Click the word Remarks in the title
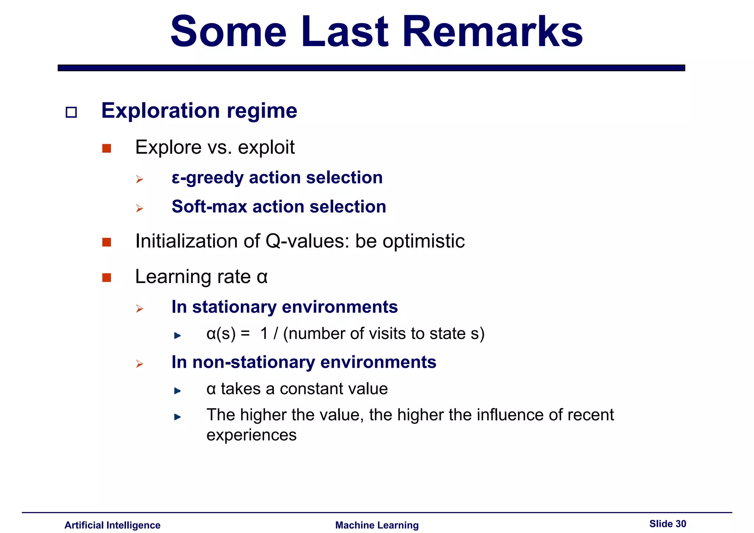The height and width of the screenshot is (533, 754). point(492,32)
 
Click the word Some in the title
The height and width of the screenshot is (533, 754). point(228,32)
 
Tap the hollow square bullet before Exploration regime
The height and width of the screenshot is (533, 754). point(71,112)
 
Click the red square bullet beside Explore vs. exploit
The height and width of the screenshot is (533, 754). point(107,148)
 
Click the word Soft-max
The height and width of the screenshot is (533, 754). point(209,207)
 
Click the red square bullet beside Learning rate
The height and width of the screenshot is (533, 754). point(107,278)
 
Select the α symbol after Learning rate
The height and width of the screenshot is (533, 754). point(262,277)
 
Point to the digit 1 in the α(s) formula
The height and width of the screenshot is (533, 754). point(264,334)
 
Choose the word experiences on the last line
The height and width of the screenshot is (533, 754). point(251,435)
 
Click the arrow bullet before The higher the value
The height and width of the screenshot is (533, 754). point(177,417)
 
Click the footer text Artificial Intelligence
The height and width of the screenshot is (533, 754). point(112,525)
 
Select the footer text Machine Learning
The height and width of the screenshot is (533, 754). point(377,525)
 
